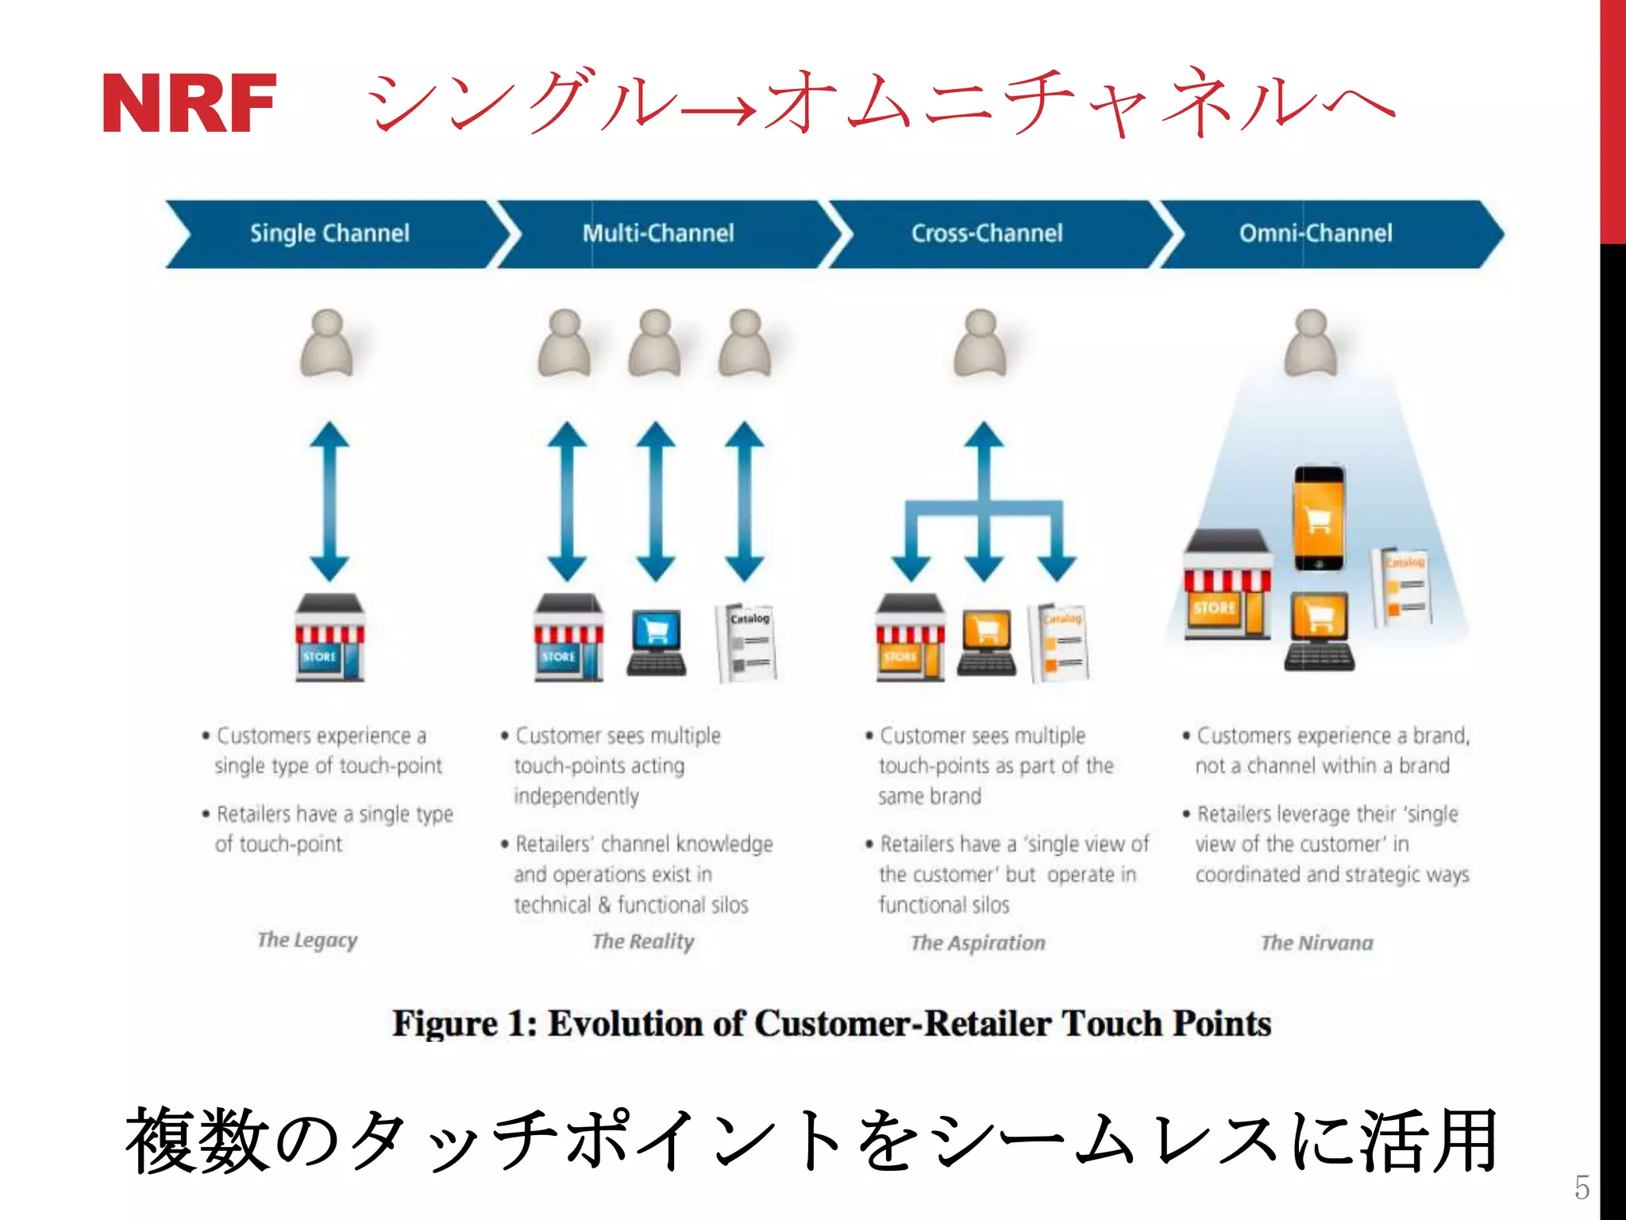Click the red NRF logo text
[x=190, y=103]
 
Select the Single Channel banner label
[x=329, y=234]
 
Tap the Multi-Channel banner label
[x=658, y=234]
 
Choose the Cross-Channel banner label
[x=986, y=234]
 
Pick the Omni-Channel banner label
[x=1316, y=234]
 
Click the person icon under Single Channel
[x=326, y=343]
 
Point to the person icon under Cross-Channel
[x=981, y=343]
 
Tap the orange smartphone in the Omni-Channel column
[x=1319, y=518]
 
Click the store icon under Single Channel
[x=329, y=638]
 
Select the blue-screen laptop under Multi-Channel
[x=657, y=642]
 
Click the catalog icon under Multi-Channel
[x=746, y=642]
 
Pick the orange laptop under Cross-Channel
[x=987, y=642]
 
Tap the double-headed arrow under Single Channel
[x=329, y=501]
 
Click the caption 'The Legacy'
[x=307, y=940]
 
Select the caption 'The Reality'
[x=643, y=942]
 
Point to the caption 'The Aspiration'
[x=978, y=943]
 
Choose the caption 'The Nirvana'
[x=1317, y=943]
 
